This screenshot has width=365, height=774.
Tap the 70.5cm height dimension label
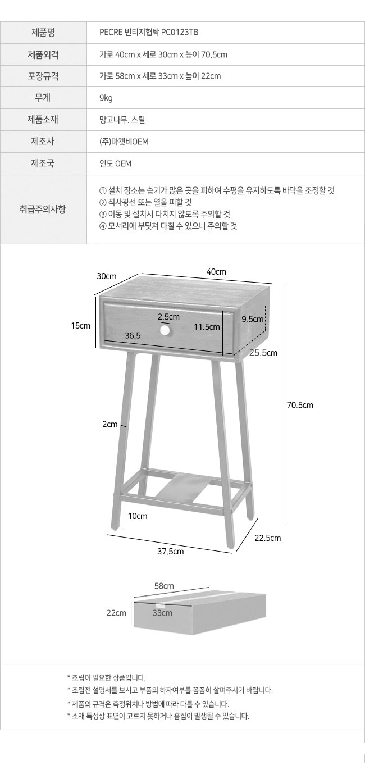point(300,405)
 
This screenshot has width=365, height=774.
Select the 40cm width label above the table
point(216,272)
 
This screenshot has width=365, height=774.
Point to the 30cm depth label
point(106,276)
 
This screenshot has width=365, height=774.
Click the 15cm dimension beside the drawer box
point(80,325)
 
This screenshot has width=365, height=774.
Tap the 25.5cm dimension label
point(263,353)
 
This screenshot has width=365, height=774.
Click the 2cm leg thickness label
point(110,424)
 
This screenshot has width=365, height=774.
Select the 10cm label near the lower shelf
point(138,516)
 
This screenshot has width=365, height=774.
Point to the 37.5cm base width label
point(171,552)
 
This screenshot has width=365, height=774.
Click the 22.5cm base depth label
point(268,538)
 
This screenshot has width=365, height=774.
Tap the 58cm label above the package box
point(164,586)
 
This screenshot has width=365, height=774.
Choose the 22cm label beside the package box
point(116,613)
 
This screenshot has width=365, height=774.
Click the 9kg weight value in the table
point(106,98)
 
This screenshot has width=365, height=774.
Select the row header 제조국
point(43,163)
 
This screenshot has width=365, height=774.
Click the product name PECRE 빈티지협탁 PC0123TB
point(149,33)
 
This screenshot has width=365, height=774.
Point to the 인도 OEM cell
point(115,163)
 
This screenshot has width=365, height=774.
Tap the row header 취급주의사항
point(43,210)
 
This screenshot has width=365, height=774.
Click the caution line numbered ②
point(145,202)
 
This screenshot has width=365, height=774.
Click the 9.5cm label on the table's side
point(253,319)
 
